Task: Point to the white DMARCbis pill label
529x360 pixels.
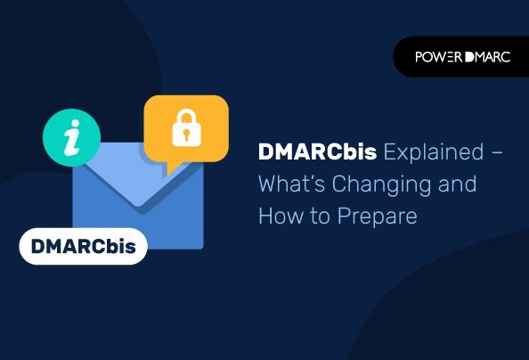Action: click(x=83, y=247)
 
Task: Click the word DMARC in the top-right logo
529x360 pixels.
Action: click(x=488, y=57)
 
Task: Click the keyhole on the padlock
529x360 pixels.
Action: click(x=185, y=136)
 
